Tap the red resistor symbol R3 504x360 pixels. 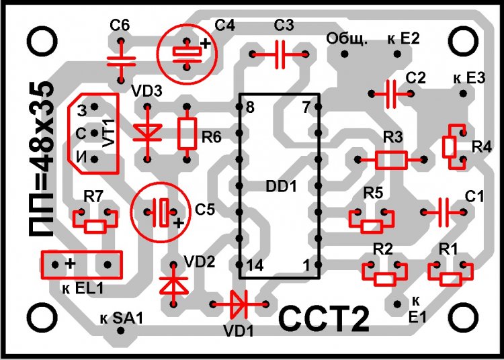391,160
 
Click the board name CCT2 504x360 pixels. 324,320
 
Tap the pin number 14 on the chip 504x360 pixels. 255,266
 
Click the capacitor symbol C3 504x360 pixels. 278,54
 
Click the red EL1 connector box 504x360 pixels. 82,264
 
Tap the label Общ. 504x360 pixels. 347,40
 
